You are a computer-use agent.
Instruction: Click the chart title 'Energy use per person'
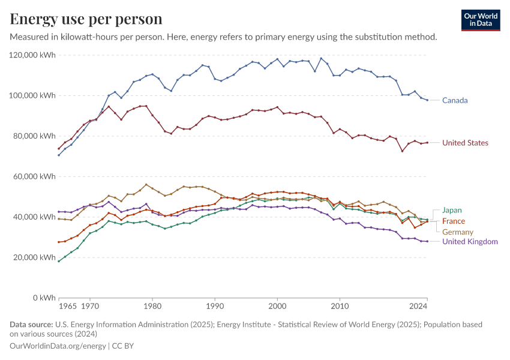point(86,19)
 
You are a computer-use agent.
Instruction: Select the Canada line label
point(455,100)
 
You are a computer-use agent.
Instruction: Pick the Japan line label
point(452,210)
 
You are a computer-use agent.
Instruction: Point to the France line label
point(454,221)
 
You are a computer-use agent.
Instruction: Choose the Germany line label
point(458,232)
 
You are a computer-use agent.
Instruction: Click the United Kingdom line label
point(470,241)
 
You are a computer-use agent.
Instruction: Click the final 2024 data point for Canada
point(427,100)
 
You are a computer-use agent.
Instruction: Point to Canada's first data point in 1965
point(59,155)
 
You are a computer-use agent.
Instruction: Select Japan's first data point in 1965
point(59,261)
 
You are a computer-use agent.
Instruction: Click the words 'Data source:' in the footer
point(31,325)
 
